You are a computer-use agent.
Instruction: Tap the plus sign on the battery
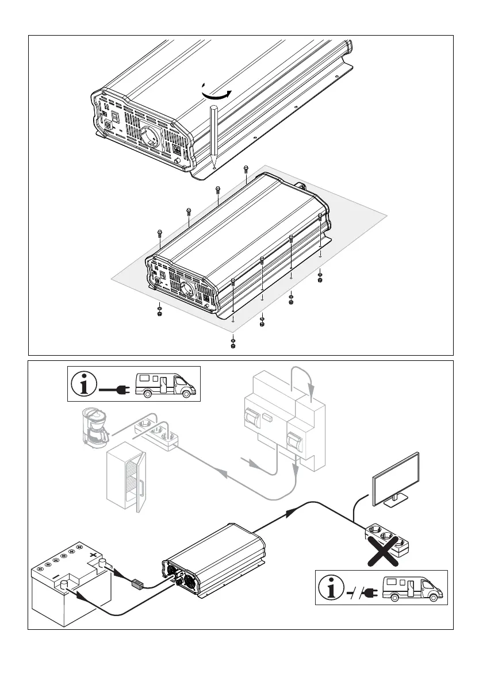click(x=92, y=556)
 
